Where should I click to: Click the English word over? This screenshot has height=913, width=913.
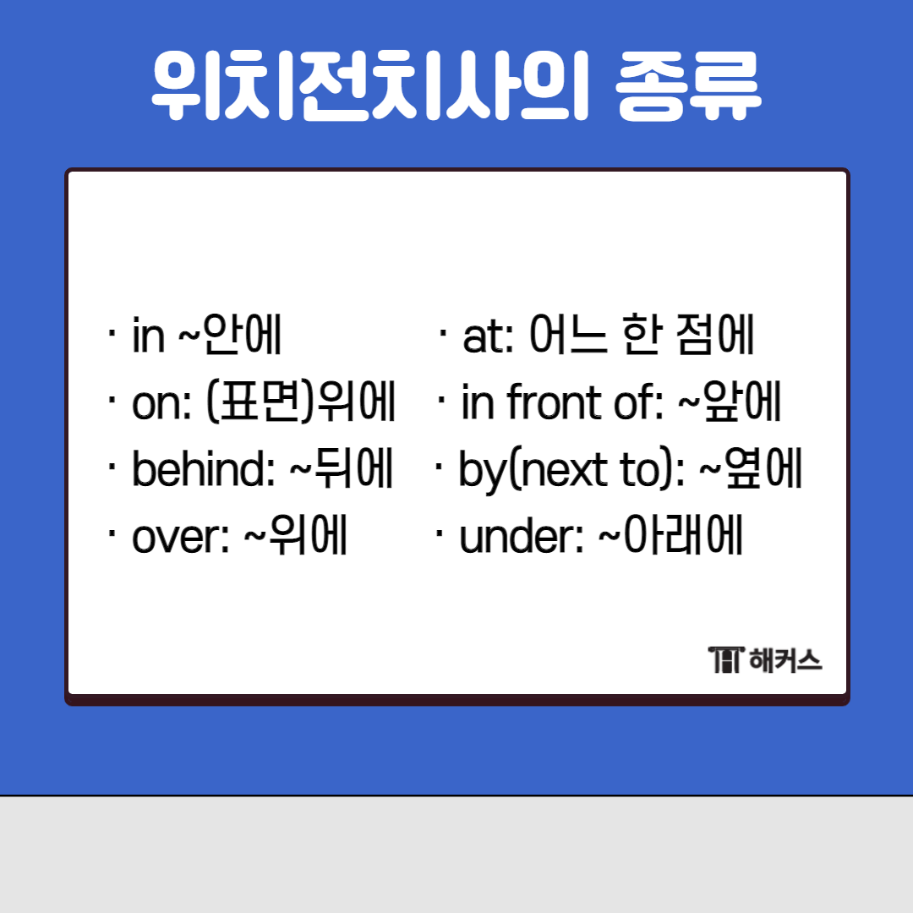pyautogui.click(x=176, y=539)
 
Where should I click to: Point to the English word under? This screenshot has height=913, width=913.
pyautogui.click(x=516, y=539)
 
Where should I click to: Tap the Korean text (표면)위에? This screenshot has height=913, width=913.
pyautogui.click(x=301, y=404)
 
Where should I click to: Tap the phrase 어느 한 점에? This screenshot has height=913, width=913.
pyautogui.click(x=642, y=337)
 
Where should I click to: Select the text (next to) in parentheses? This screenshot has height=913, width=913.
pyautogui.click(x=591, y=471)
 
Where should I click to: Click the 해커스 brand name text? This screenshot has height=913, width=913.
pyautogui.click(x=785, y=659)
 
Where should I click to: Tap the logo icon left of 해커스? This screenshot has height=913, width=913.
pyautogui.click(x=725, y=659)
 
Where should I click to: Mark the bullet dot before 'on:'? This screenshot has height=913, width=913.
pyautogui.click(x=112, y=398)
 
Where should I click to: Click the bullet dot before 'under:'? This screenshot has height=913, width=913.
pyautogui.click(x=440, y=533)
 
